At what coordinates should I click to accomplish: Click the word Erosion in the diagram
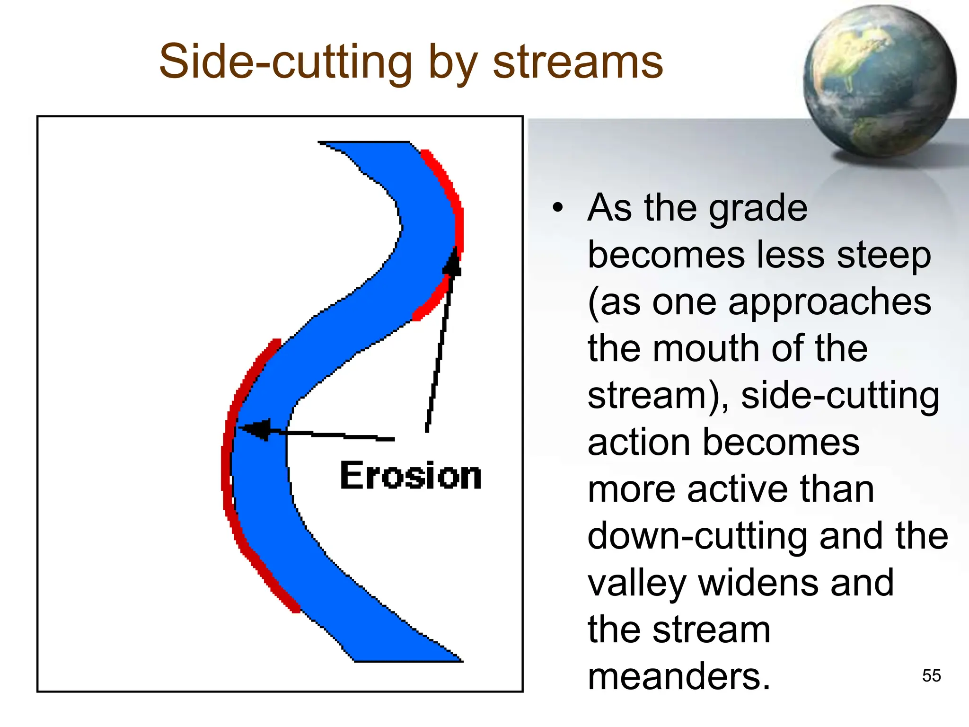(x=410, y=475)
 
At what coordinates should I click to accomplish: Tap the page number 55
(x=931, y=675)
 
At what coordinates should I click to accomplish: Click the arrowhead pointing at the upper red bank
(x=453, y=263)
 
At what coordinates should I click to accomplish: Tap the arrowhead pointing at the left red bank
(x=255, y=429)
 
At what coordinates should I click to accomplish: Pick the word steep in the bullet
(x=883, y=255)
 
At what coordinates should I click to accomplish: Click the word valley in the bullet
(x=637, y=583)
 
